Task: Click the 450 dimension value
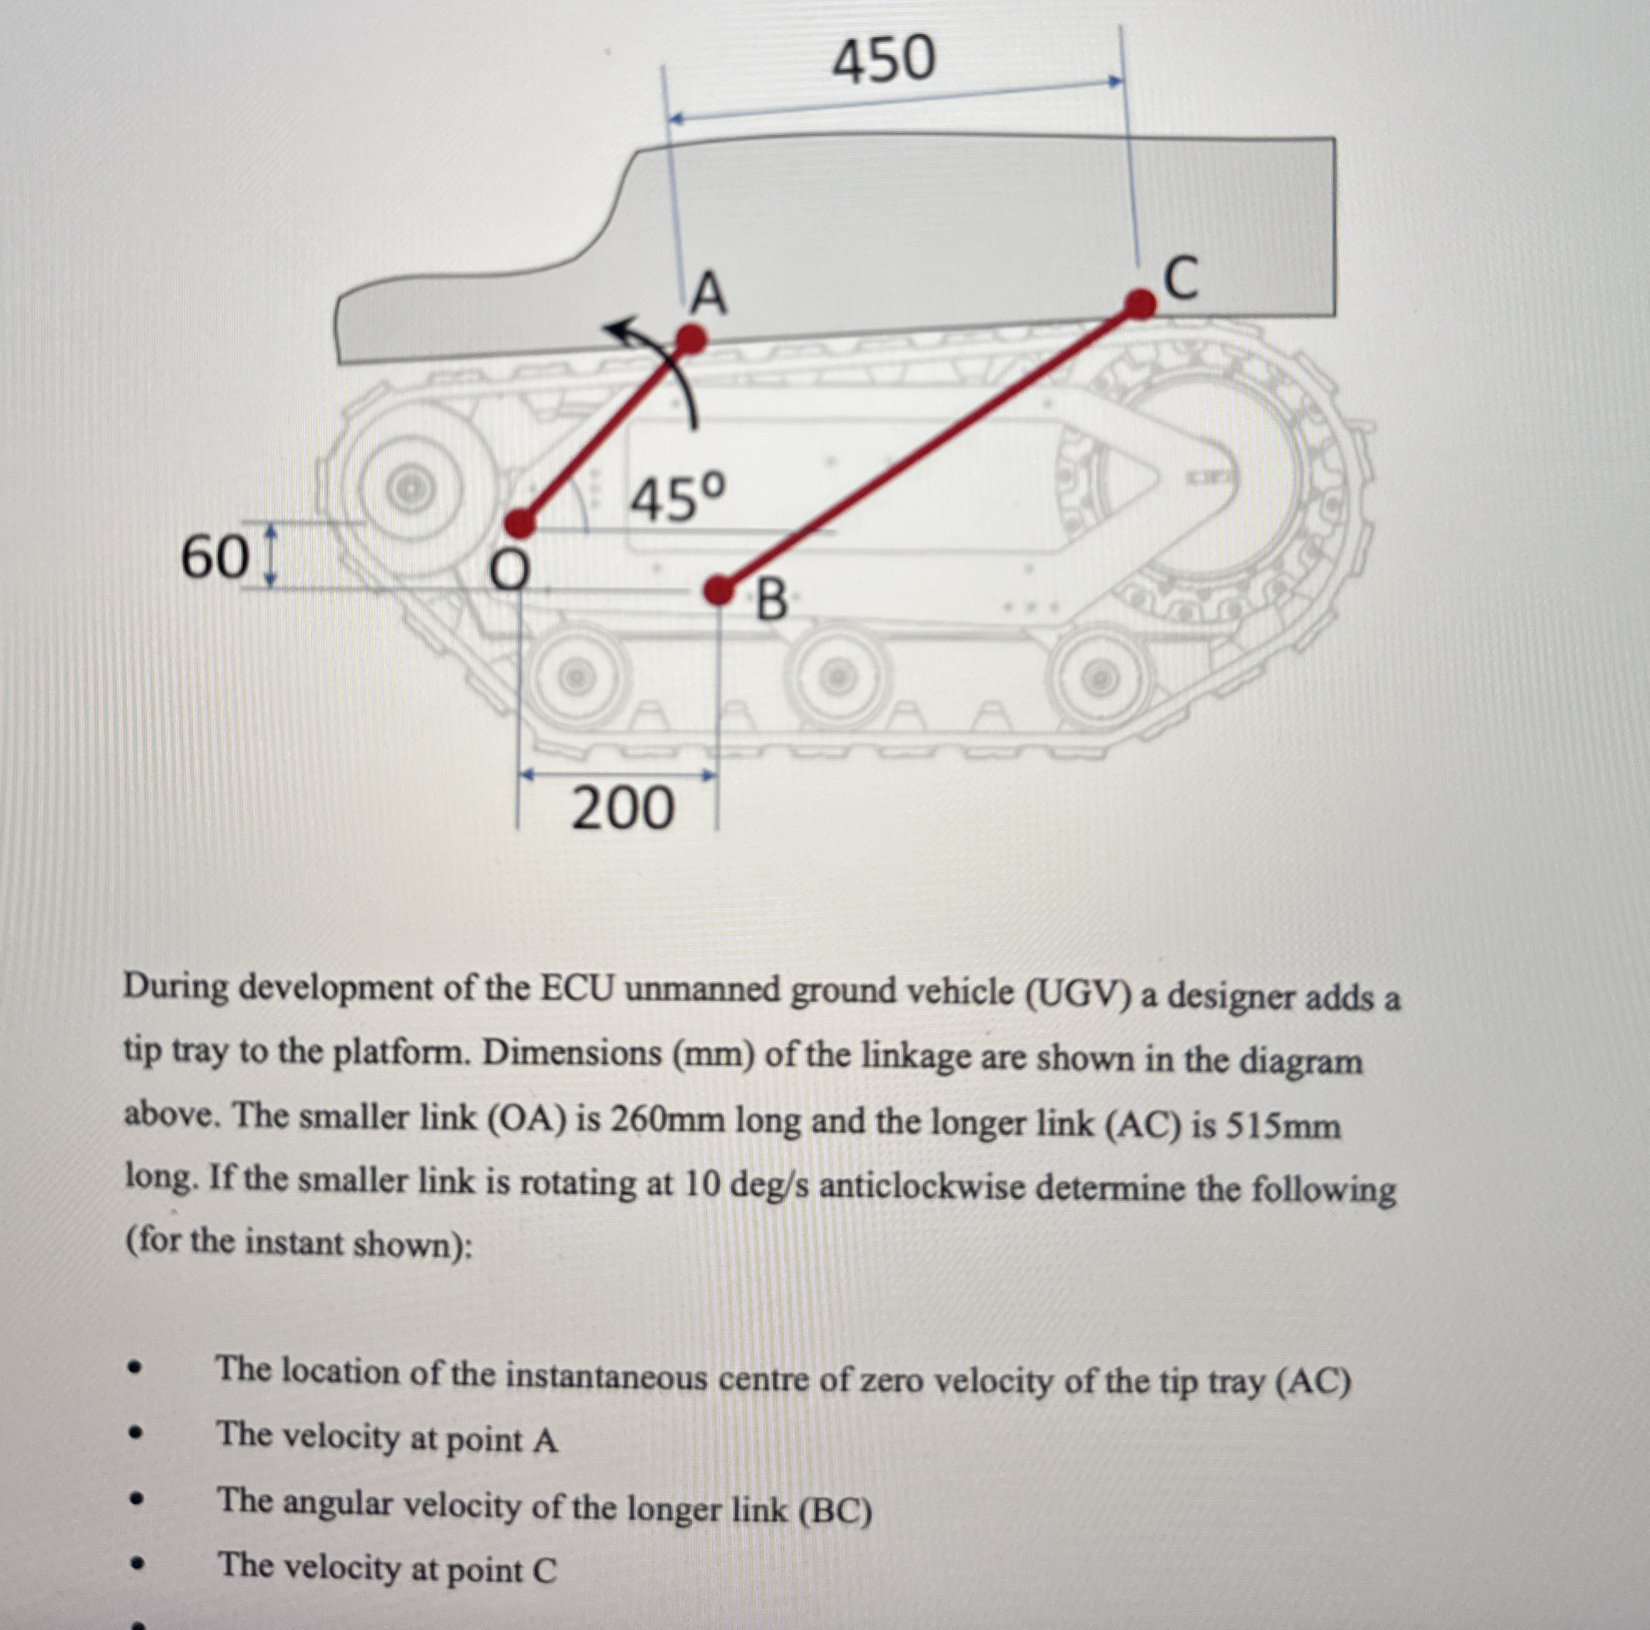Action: pyautogui.click(x=884, y=61)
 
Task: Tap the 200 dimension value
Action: pyautogui.click(x=622, y=809)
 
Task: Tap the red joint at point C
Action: pyautogui.click(x=1139, y=303)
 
